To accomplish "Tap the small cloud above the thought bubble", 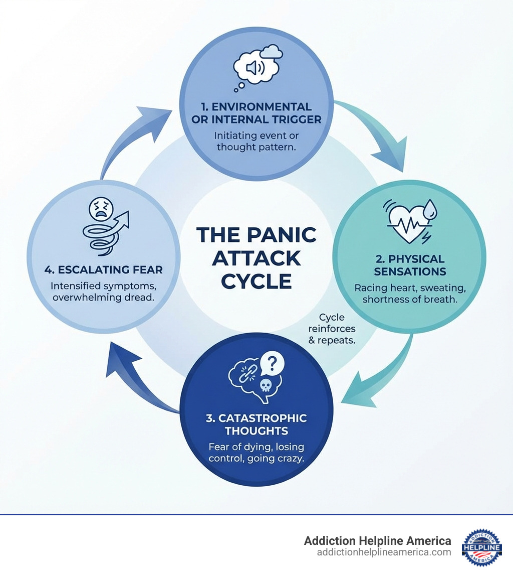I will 272,51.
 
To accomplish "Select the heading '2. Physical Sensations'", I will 410,265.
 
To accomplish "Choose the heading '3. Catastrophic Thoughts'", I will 256,424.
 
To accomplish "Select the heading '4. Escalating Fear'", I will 104,270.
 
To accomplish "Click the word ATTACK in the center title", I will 256,258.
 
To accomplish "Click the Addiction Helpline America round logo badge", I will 481,547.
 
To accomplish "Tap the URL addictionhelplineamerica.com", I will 384,552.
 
